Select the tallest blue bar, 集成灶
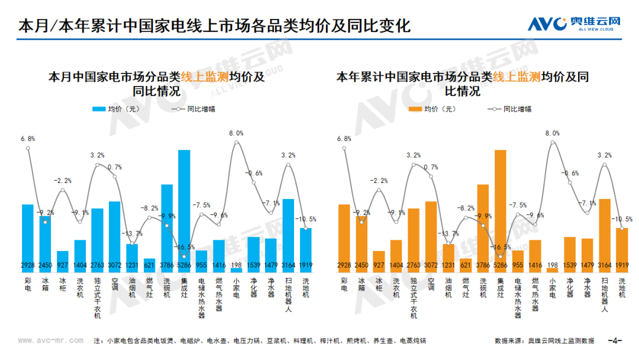coord(184,211)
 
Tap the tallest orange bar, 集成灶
coord(501,211)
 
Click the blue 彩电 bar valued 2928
coord(28,238)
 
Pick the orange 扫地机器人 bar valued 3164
coord(605,236)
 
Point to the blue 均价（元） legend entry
coord(116,109)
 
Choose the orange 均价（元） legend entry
coord(432,109)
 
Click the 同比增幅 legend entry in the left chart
coord(193,109)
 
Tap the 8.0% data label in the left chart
coord(236,133)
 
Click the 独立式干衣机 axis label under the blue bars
coord(98,298)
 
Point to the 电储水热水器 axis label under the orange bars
coord(518,298)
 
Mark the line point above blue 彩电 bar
coord(28,149)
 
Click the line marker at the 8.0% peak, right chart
coord(553,143)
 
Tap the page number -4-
coord(615,340)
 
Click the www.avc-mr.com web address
coord(50,340)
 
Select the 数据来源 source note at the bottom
coord(544,340)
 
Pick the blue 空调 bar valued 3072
coord(115,236)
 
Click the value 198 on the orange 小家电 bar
coord(553,265)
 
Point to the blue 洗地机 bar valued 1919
coord(306,250)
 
